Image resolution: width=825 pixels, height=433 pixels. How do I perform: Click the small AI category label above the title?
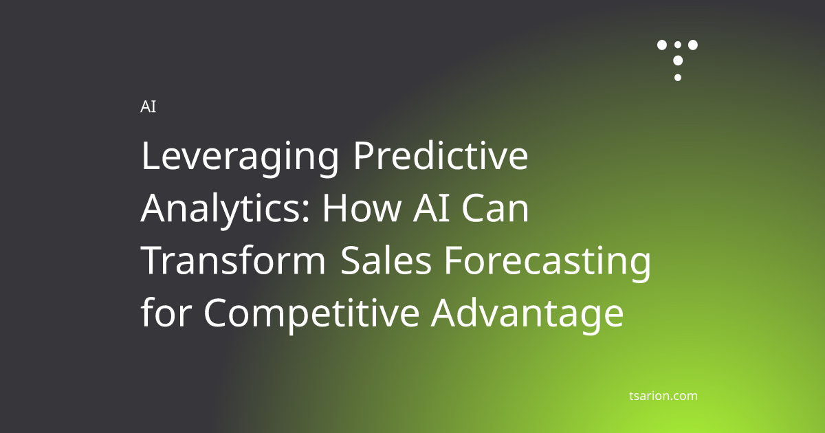pyautogui.click(x=148, y=107)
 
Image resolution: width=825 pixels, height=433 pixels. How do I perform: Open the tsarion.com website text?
pyautogui.click(x=663, y=396)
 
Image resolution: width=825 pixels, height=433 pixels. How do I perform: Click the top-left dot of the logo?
pyautogui.click(x=662, y=45)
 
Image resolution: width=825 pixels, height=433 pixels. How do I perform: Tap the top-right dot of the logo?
pyautogui.click(x=693, y=45)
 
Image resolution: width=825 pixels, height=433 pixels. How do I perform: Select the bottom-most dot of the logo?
pyautogui.click(x=678, y=77)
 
